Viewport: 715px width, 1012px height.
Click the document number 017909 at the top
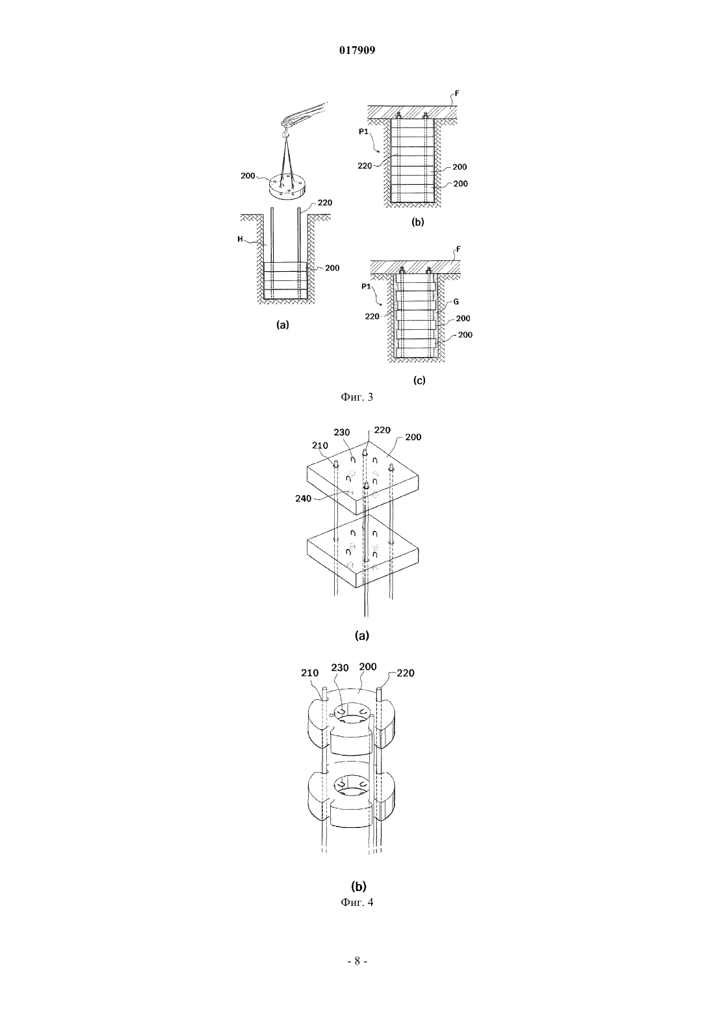357,50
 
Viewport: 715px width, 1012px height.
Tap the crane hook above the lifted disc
285,133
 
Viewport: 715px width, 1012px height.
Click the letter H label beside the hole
240,239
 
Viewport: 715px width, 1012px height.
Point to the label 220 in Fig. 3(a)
324,202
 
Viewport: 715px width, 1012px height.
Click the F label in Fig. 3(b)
457,94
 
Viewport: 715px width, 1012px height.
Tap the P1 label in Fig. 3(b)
364,131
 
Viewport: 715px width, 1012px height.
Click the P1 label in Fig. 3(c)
365,286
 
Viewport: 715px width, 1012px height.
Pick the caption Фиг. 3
357,397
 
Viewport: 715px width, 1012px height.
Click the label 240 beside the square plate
304,498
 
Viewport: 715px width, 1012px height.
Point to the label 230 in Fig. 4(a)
342,433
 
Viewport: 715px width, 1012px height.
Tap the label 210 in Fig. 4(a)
320,446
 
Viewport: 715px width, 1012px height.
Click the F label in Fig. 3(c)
458,249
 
